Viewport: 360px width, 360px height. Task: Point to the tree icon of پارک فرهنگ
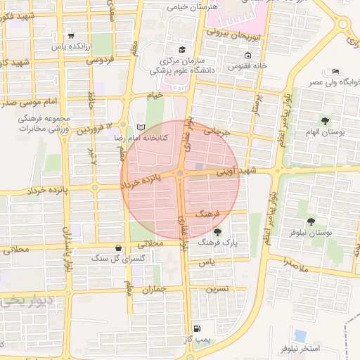[217, 231]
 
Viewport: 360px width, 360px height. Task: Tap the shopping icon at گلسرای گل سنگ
[117, 247]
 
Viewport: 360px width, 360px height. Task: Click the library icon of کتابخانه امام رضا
[143, 127]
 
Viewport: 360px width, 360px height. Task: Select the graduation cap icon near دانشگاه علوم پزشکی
[183, 49]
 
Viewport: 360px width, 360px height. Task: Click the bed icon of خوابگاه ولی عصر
[335, 71]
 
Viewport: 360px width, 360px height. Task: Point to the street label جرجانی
[217, 130]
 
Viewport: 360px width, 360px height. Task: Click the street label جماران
[153, 289]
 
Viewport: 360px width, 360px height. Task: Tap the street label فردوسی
[100, 60]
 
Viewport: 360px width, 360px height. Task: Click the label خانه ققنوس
[255, 65]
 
